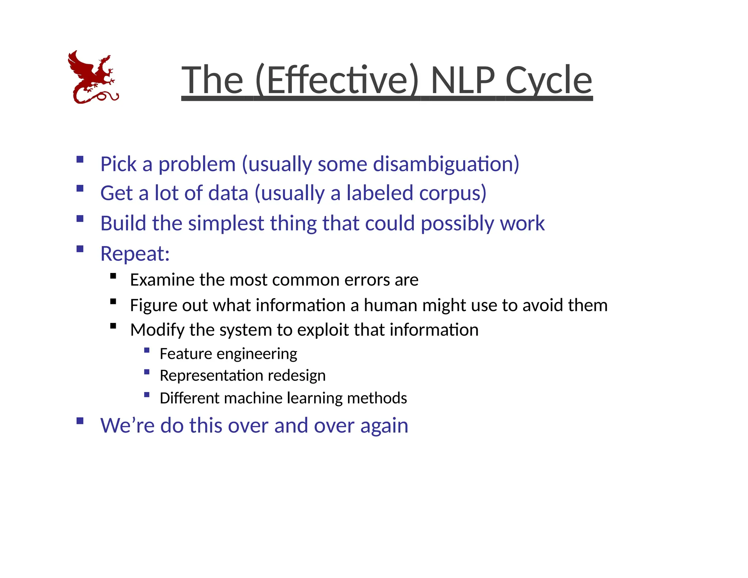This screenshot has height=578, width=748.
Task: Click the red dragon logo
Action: [93, 77]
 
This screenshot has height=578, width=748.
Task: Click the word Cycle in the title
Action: [549, 80]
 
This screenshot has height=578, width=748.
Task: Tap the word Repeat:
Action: [135, 254]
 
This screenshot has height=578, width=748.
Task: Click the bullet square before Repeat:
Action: [80, 249]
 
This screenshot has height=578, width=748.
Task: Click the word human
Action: [390, 305]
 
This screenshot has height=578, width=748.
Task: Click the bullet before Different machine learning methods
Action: [147, 395]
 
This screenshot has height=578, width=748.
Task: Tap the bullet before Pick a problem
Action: [80, 159]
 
